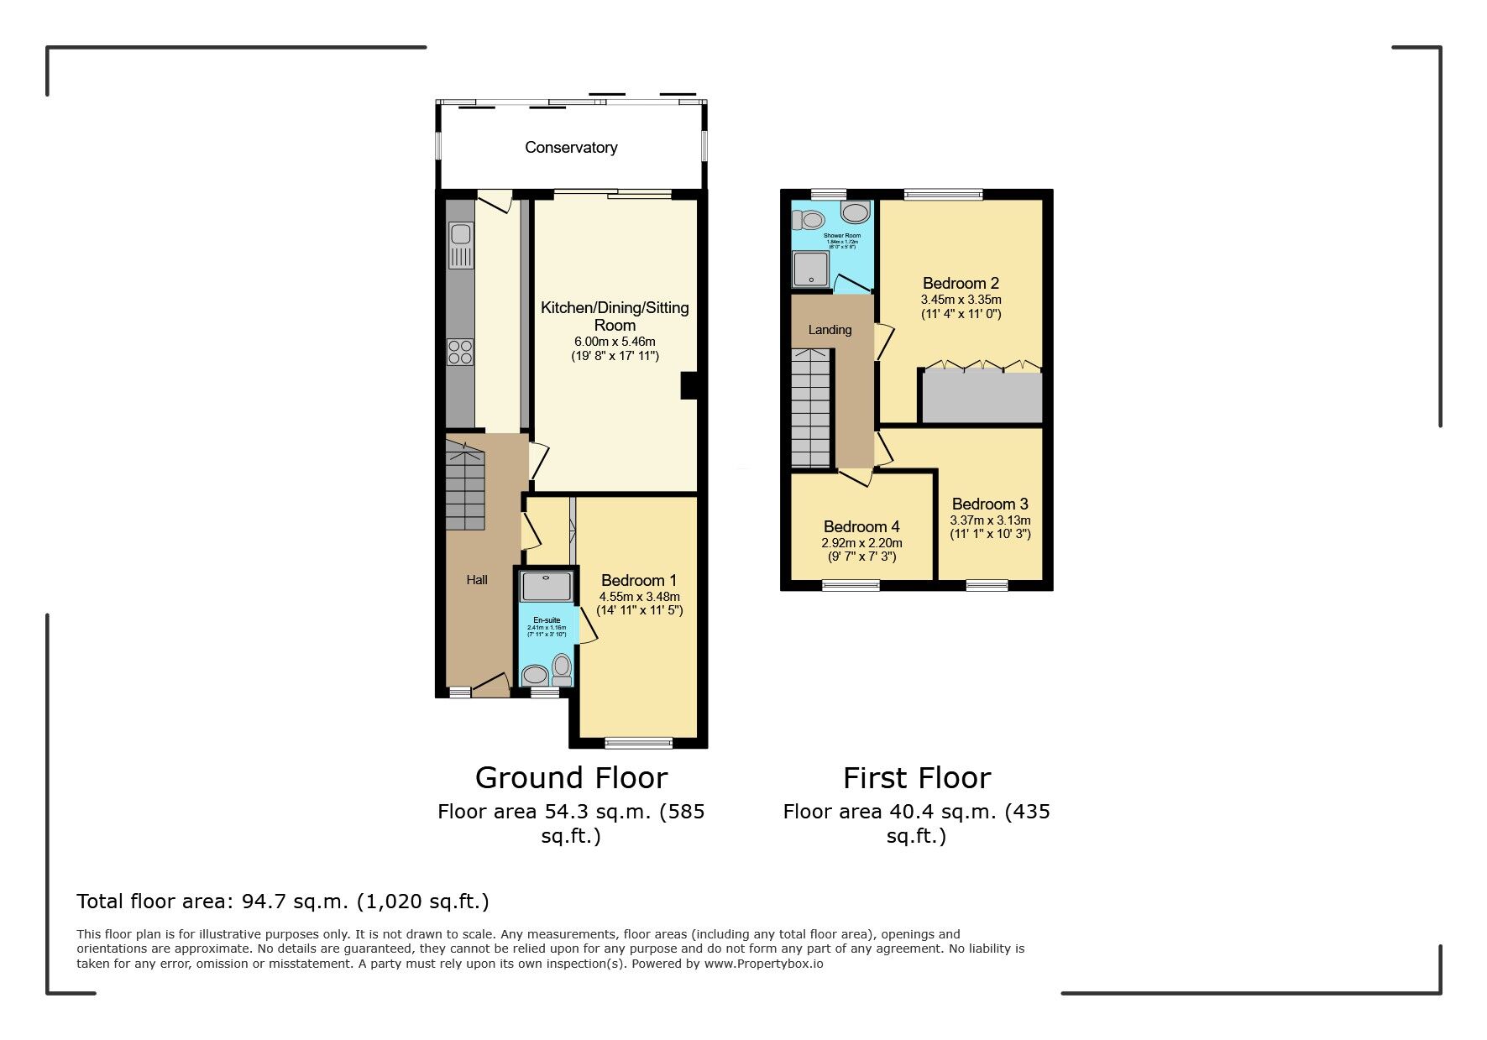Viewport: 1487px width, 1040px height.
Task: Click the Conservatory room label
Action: pos(571,148)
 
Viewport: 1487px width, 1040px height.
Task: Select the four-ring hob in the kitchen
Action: pos(460,351)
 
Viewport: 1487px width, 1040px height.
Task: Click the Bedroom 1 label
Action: pos(639,581)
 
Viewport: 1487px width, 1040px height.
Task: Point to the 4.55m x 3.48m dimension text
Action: pos(639,597)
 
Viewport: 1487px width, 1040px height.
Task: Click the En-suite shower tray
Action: pos(546,586)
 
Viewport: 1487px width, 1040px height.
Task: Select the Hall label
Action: pos(477,580)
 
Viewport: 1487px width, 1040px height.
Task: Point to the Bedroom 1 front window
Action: pos(639,742)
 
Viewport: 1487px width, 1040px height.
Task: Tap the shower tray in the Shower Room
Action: pos(809,269)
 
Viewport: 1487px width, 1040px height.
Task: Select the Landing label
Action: pos(830,330)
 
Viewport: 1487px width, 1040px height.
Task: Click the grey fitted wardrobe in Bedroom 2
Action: pos(982,398)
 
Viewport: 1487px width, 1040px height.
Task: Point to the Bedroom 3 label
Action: pos(990,504)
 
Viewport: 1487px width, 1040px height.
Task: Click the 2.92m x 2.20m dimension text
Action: pos(861,542)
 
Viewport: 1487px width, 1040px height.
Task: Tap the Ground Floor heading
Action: pos(571,777)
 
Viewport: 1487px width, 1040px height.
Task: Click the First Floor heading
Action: pos(917,777)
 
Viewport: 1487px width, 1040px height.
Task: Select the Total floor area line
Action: pos(282,902)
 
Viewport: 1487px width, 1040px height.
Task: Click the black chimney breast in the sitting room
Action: pos(689,385)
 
